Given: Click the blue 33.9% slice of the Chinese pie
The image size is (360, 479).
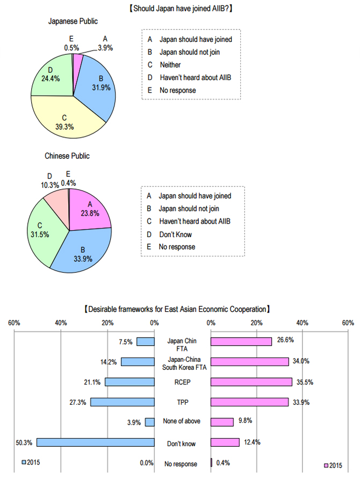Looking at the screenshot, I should pos(86,247).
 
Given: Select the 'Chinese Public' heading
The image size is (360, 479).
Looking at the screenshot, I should pos(67,156).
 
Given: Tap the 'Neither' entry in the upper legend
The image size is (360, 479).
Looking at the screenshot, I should pos(170,65).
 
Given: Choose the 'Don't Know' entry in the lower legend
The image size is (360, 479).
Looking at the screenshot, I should pos(175,234).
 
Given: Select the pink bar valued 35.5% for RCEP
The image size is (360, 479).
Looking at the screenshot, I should pos(251,382).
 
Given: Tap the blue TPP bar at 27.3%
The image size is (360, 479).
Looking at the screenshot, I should pos(123,402).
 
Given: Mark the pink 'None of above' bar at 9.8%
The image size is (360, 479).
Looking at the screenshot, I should pos(222,422).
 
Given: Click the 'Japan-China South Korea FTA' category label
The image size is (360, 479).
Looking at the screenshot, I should pos(183,364).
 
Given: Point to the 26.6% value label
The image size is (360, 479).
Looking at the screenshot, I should pos(285,340).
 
